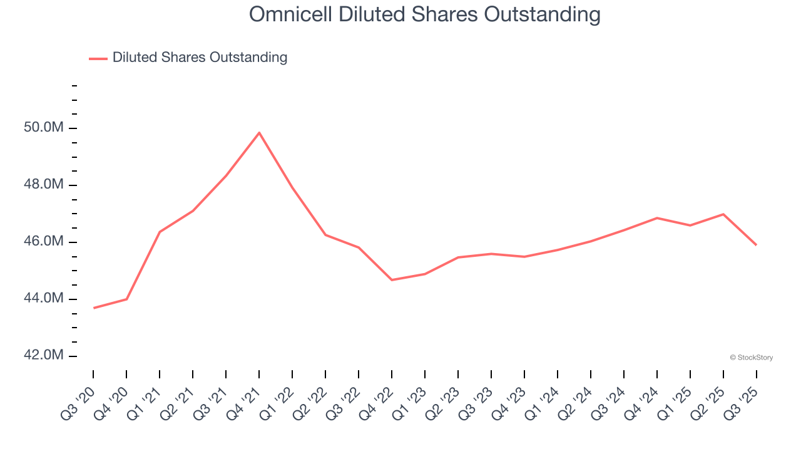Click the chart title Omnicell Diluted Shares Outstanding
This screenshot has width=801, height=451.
425,14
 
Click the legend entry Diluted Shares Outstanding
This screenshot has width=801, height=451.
200,58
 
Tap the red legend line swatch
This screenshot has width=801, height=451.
98,58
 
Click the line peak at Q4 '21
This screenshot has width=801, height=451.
259,132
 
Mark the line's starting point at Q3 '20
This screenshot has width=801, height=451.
94,308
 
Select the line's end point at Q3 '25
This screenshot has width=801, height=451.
756,244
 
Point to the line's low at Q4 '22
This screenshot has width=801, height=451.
392,280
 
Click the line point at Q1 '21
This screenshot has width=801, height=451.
160,232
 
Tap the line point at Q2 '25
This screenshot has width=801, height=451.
723,214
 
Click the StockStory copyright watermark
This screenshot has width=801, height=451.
751,358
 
